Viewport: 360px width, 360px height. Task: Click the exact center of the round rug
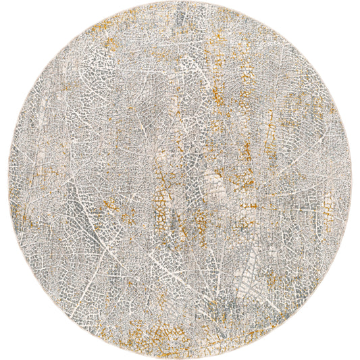coord(180,180)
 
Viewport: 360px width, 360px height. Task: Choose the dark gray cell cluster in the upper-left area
coord(81,88)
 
